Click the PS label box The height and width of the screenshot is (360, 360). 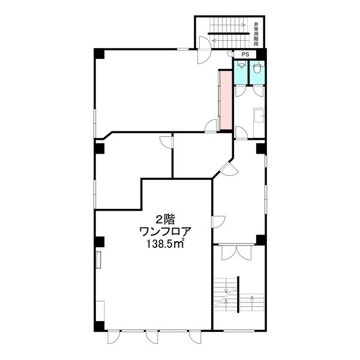[x=245, y=55]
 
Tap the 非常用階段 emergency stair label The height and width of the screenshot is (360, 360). [x=256, y=34]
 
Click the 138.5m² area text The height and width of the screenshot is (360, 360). [x=165, y=244]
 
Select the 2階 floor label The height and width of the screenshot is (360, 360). [x=166, y=220]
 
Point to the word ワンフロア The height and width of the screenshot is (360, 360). [x=166, y=232]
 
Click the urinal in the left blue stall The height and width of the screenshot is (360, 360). [x=241, y=65]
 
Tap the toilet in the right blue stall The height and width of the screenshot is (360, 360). [x=257, y=68]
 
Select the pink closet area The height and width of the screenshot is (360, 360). [x=226, y=100]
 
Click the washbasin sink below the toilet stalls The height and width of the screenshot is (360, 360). [x=259, y=116]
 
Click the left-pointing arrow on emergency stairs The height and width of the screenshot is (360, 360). [x=230, y=41]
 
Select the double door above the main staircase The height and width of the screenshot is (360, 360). [x=236, y=253]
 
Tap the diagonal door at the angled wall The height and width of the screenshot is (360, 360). [x=229, y=169]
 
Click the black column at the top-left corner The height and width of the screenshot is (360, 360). [x=99, y=54]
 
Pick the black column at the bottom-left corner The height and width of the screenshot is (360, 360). [x=99, y=326]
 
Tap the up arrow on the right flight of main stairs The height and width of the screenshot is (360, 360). [x=252, y=301]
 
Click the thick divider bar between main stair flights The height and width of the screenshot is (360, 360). [x=238, y=295]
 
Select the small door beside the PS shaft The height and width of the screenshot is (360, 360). [x=230, y=54]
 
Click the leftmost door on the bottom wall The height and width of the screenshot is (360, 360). [x=113, y=337]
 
